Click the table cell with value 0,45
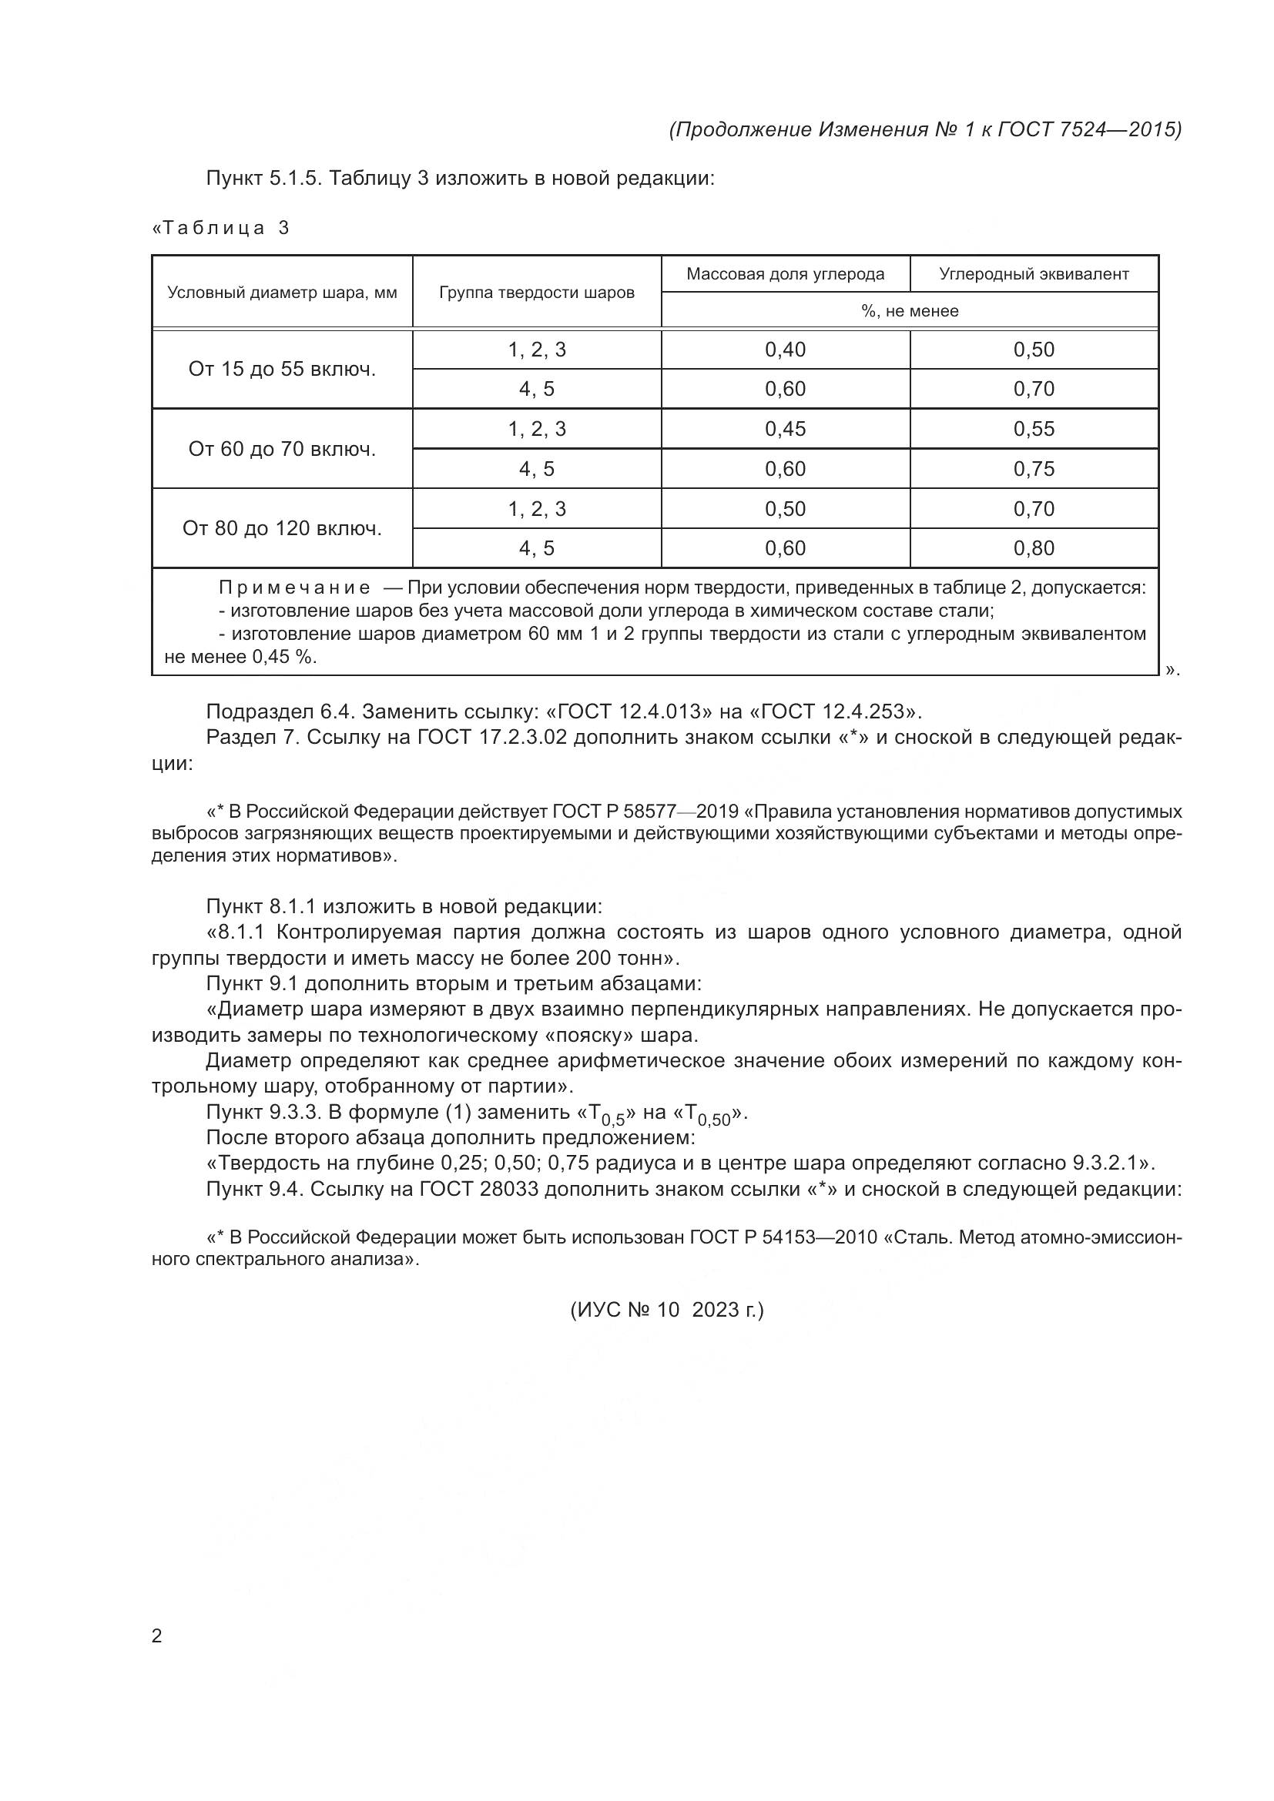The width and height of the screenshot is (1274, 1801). click(x=785, y=429)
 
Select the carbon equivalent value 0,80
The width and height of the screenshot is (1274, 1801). click(x=1034, y=548)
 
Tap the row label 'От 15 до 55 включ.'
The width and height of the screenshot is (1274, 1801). click(x=282, y=370)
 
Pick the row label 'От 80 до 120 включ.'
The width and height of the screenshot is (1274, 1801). click(x=282, y=529)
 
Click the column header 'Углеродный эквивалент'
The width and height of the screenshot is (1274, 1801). click(x=1034, y=274)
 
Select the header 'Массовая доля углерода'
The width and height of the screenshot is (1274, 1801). click(x=785, y=274)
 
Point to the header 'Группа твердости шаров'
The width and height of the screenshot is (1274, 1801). click(x=537, y=293)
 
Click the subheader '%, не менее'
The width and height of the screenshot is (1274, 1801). click(x=909, y=310)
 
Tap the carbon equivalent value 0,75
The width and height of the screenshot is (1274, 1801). click(x=1034, y=469)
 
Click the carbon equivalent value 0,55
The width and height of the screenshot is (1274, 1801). click(x=1034, y=429)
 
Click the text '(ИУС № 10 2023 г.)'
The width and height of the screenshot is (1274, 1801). click(x=666, y=1309)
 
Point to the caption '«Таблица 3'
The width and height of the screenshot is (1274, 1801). click(x=221, y=228)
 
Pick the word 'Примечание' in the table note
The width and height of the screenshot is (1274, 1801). click(x=294, y=588)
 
